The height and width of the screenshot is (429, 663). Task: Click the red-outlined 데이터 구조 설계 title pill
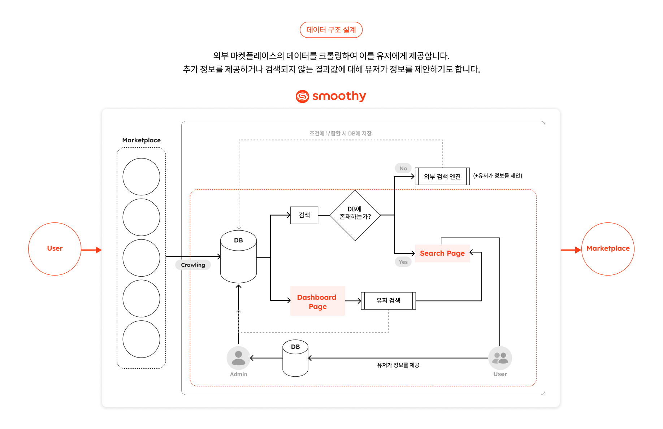click(331, 30)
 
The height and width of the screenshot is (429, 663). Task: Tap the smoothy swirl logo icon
click(302, 96)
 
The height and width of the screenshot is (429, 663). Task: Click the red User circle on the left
click(55, 249)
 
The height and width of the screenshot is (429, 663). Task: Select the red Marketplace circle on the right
click(608, 249)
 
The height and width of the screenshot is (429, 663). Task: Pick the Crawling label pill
click(193, 265)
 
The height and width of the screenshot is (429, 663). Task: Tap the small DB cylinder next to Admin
click(295, 358)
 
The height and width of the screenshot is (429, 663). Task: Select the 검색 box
click(304, 215)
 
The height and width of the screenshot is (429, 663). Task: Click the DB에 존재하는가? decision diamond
click(355, 215)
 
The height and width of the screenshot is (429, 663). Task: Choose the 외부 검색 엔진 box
click(442, 176)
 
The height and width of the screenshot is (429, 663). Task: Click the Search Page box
click(442, 253)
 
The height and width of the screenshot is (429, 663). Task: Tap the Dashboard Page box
click(317, 301)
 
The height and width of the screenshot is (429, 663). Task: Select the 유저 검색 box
click(388, 300)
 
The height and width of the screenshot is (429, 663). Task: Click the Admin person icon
click(238, 357)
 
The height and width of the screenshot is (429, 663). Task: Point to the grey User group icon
click(500, 357)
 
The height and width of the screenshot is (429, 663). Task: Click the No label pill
click(403, 168)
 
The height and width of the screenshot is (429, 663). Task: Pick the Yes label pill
click(403, 262)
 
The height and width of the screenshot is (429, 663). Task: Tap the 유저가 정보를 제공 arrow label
click(398, 365)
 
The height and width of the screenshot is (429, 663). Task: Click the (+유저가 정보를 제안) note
click(498, 175)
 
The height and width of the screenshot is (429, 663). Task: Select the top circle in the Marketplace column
click(141, 177)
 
